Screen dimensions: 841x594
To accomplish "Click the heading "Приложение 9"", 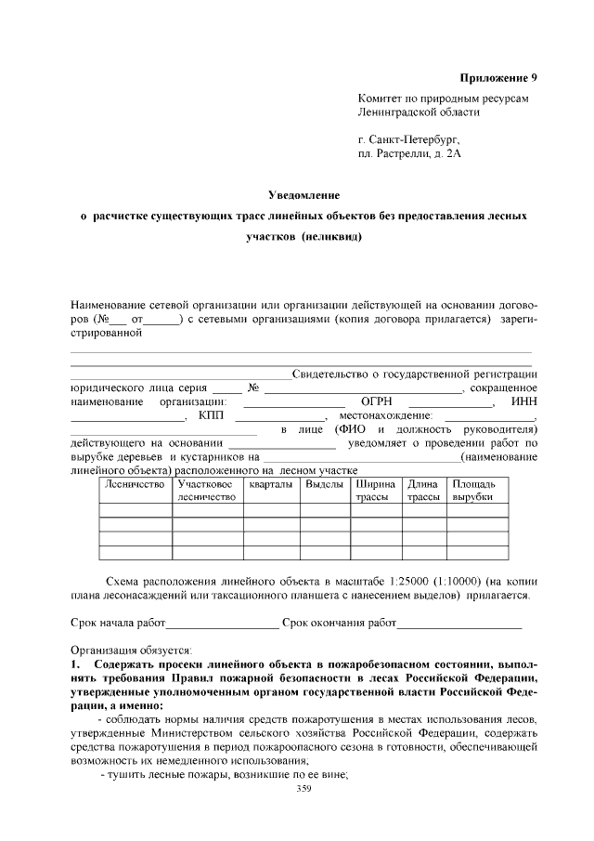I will click(x=498, y=77).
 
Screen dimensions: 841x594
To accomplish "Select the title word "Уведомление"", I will click(x=303, y=195).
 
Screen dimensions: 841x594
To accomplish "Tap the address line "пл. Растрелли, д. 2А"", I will click(x=408, y=152).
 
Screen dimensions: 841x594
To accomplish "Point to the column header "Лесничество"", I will click(x=135, y=484).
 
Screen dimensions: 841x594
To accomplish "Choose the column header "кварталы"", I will click(x=270, y=484).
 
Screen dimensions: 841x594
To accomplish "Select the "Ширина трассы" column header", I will click(x=375, y=491).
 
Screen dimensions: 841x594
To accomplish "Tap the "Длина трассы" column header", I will click(x=423, y=491).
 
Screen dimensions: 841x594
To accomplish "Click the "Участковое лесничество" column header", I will click(x=206, y=491).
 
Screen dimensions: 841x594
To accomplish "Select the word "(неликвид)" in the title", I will click(x=330, y=236).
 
